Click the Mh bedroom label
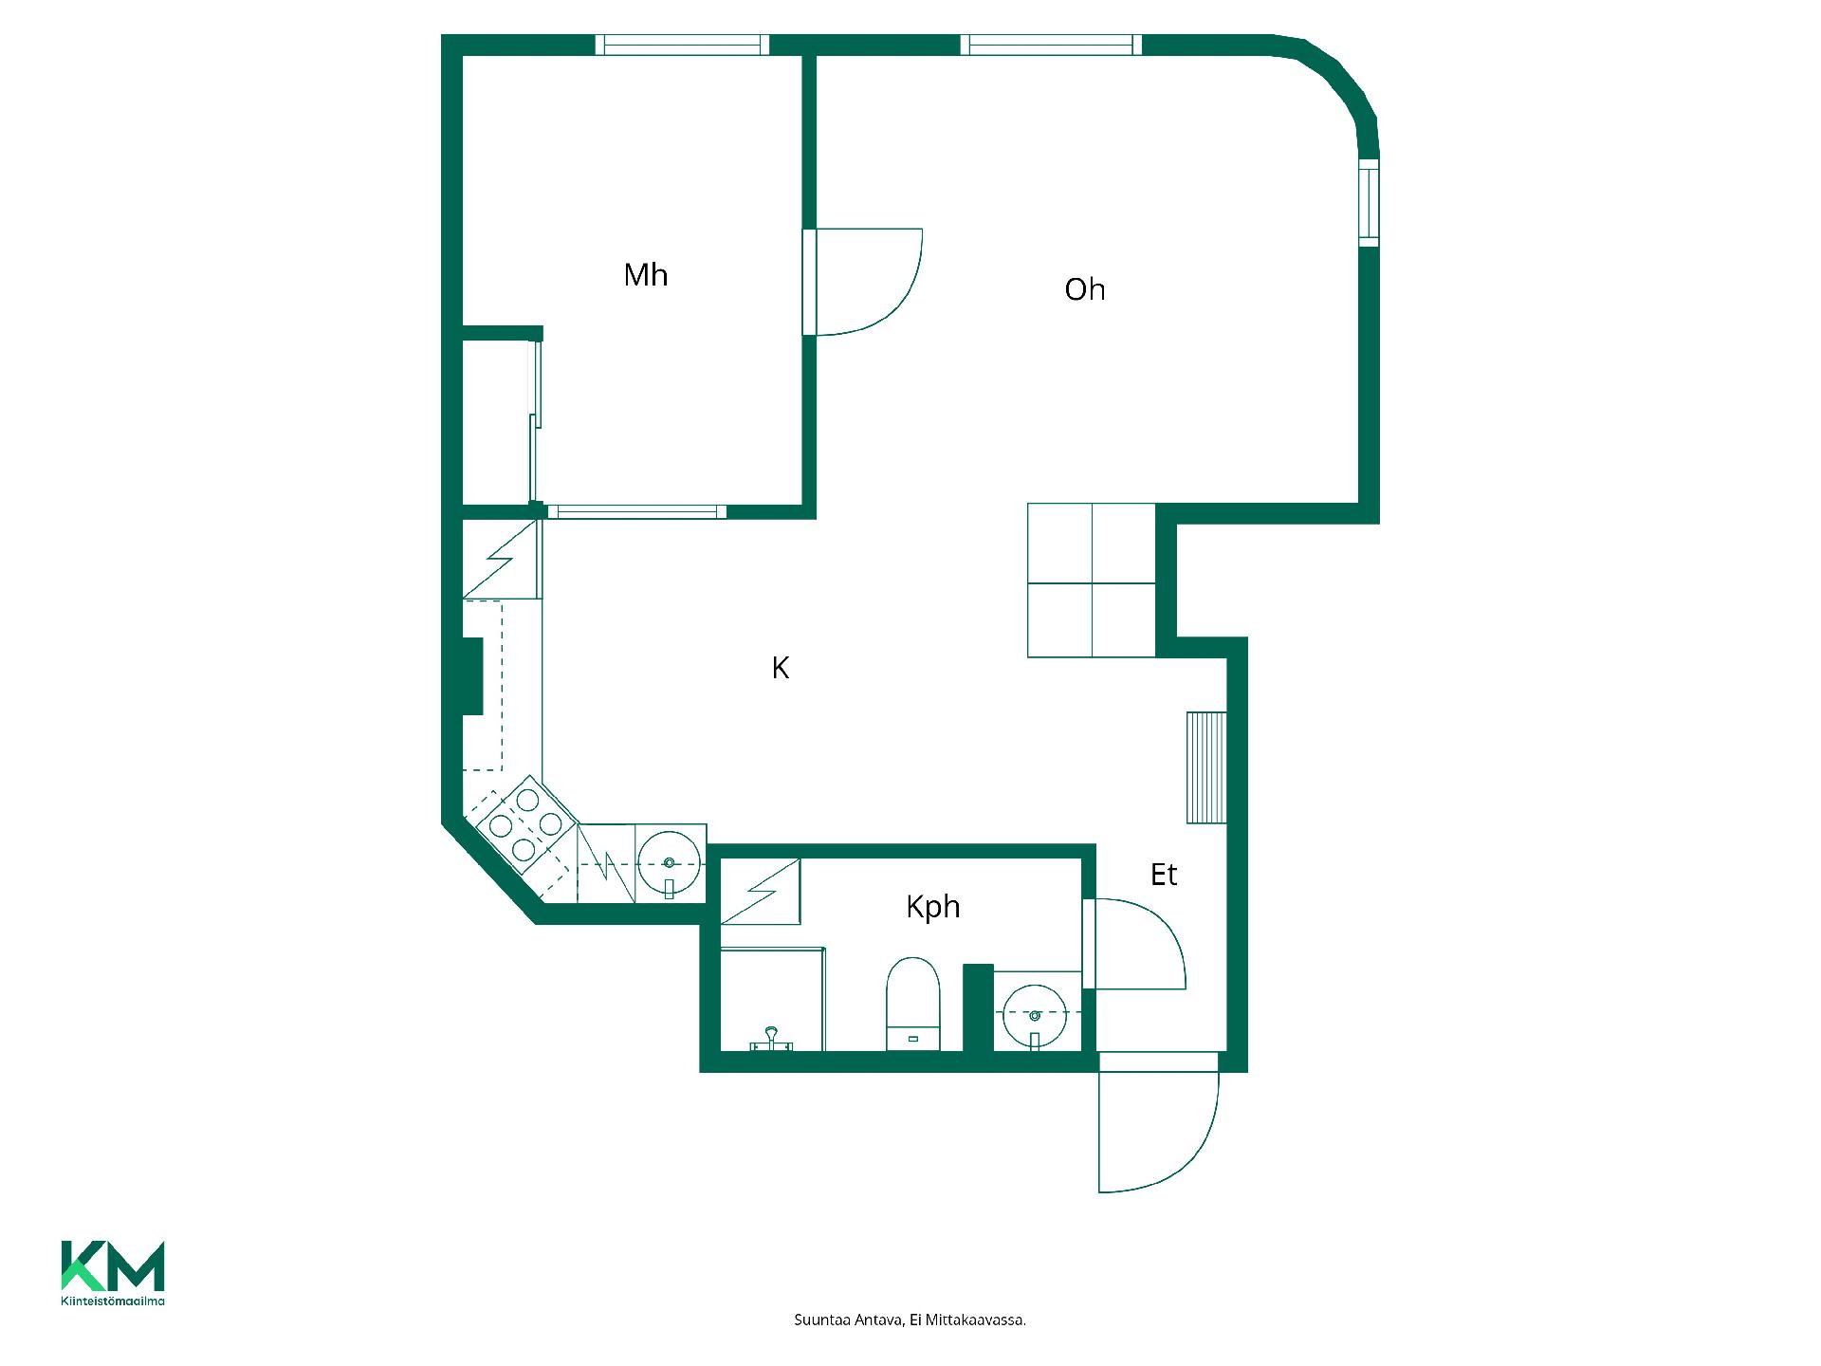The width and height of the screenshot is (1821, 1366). [646, 275]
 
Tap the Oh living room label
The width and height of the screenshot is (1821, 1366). [1085, 289]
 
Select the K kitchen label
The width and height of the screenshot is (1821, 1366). [781, 669]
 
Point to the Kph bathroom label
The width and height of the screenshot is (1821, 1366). [933, 908]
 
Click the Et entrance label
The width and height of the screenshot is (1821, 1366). [1164, 875]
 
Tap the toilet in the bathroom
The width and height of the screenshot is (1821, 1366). [912, 1004]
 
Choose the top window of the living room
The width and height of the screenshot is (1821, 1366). [1051, 45]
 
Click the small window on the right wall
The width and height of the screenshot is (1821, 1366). [1369, 204]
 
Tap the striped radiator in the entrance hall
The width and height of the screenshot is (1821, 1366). [1206, 767]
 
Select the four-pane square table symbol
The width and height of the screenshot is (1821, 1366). [1092, 580]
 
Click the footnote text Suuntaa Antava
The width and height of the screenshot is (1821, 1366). [848, 1320]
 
